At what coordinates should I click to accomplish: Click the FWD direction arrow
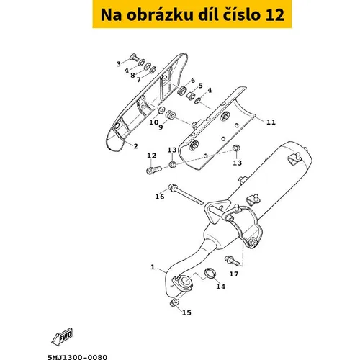pyautogui.click(x=62, y=336)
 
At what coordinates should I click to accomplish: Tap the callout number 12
pyautogui.click(x=151, y=156)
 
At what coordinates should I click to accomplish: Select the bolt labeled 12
pyautogui.click(x=154, y=170)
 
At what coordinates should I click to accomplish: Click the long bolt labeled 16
pyautogui.click(x=186, y=197)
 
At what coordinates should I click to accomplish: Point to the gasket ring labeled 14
pyautogui.click(x=210, y=274)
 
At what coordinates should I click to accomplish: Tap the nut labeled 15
pyautogui.click(x=174, y=303)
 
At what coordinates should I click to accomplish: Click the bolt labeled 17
pyautogui.click(x=232, y=261)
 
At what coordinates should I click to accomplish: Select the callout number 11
pyautogui.click(x=271, y=122)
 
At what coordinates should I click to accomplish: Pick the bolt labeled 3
pyautogui.click(x=135, y=58)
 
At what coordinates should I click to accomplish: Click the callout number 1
pyautogui.click(x=153, y=267)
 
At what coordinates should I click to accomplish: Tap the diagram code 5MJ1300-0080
pyautogui.click(x=77, y=357)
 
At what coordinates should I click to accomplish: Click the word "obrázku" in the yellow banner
pyautogui.click(x=160, y=14)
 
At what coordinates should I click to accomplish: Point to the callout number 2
pyautogui.click(x=136, y=146)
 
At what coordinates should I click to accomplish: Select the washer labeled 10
pyautogui.click(x=161, y=111)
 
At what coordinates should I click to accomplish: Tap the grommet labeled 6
pyautogui.click(x=183, y=90)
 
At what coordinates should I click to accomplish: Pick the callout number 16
pyautogui.click(x=160, y=197)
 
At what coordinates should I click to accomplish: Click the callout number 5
pyautogui.click(x=200, y=86)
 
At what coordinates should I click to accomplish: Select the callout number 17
pyautogui.click(x=234, y=274)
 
